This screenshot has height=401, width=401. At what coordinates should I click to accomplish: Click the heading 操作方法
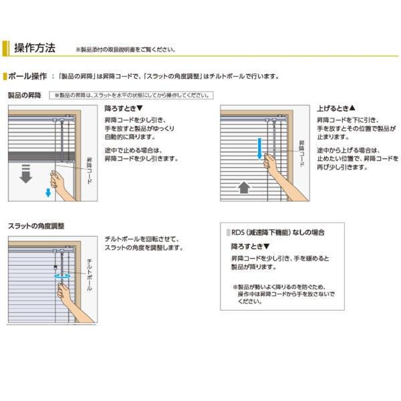point(34,48)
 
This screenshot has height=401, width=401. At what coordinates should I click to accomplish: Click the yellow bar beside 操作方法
point(5,48)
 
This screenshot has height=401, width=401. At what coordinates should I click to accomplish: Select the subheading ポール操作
point(27,76)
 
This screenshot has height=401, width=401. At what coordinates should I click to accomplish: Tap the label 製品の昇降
point(24,96)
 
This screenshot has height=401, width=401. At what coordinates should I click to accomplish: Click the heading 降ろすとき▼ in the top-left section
point(124,108)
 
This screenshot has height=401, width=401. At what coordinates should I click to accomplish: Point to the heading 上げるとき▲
point(336,108)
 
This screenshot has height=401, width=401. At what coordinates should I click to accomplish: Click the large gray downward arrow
point(25,176)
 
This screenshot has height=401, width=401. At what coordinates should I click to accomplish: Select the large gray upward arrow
point(244,188)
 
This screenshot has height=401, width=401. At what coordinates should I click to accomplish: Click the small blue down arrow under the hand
point(48,193)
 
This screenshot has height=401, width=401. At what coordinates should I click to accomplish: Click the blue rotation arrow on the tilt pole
point(61,275)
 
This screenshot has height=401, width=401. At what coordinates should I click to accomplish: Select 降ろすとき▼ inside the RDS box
point(246,247)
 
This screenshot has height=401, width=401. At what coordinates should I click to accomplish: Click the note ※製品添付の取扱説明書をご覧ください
point(126,49)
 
